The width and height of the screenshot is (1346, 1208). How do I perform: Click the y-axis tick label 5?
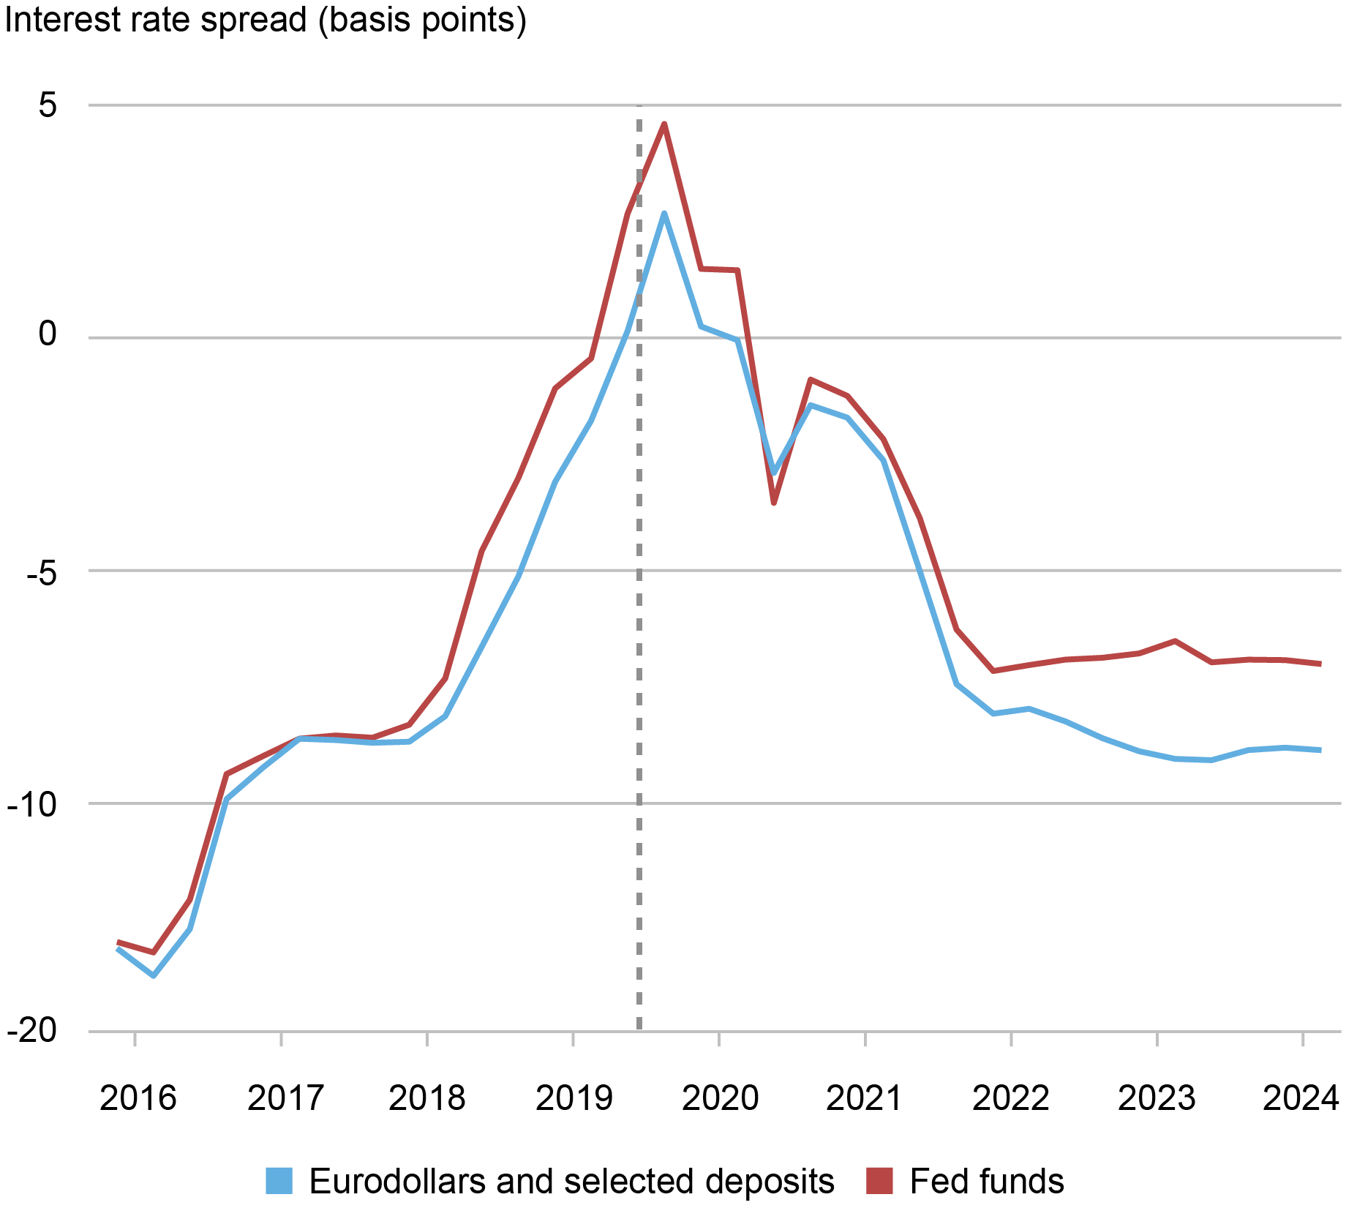(48, 106)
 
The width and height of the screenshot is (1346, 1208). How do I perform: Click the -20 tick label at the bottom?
(31, 1030)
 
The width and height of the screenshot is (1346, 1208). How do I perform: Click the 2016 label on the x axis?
(138, 1098)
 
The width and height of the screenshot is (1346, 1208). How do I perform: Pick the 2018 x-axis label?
(426, 1098)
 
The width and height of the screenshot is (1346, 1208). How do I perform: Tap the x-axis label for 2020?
(720, 1098)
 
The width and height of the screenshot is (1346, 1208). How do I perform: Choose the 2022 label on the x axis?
(1010, 1098)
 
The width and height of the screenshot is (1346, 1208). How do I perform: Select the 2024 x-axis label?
(1301, 1098)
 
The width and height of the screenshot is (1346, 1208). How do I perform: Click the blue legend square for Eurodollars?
(279, 1181)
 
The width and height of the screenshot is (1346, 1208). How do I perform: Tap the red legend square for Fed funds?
(880, 1181)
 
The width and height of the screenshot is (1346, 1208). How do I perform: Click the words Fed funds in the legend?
(987, 1181)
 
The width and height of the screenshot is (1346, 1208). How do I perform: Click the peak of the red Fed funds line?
(663, 124)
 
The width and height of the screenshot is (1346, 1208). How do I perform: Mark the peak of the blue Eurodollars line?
(663, 213)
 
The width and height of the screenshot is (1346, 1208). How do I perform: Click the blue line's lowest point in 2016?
(154, 975)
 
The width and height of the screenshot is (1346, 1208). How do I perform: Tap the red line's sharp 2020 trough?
(773, 503)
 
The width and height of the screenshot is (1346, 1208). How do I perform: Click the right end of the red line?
(1320, 664)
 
